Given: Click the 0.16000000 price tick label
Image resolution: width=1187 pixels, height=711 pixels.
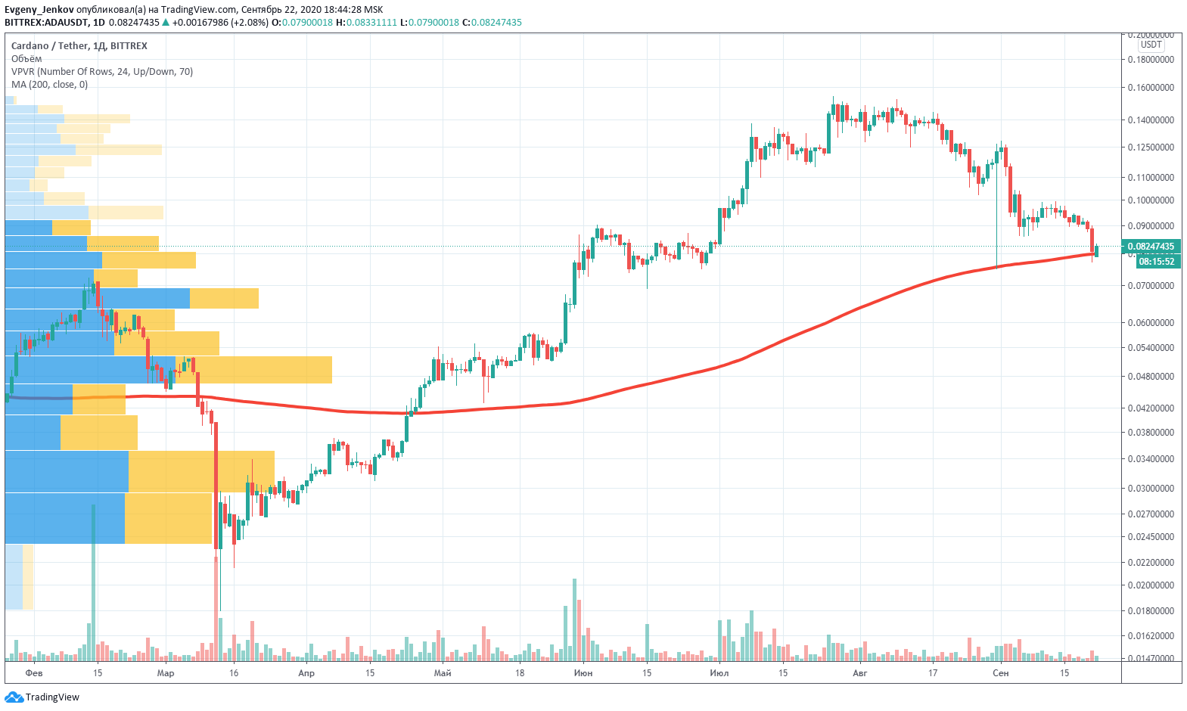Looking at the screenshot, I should pyautogui.click(x=1151, y=88).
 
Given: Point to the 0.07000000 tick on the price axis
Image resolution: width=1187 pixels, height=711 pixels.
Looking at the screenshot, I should pyautogui.click(x=1151, y=286).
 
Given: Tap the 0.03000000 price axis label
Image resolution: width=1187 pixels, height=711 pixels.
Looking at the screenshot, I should pyautogui.click(x=1151, y=489).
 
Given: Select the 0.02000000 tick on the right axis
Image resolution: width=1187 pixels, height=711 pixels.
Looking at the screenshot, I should pyautogui.click(x=1151, y=585).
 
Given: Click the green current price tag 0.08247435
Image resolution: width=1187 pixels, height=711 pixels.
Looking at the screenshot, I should pyautogui.click(x=1151, y=247).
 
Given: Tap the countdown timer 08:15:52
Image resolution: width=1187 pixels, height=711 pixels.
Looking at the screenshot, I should pyautogui.click(x=1157, y=262).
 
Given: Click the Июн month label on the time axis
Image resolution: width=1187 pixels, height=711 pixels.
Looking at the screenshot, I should pyautogui.click(x=583, y=673).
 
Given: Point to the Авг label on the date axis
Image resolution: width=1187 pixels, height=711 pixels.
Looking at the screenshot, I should pyautogui.click(x=860, y=673).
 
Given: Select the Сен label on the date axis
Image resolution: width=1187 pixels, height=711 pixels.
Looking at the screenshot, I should pyautogui.click(x=1001, y=673).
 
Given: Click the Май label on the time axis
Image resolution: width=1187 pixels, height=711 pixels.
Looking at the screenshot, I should pyautogui.click(x=443, y=673).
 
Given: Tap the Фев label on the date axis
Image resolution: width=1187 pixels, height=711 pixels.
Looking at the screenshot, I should pyautogui.click(x=34, y=673).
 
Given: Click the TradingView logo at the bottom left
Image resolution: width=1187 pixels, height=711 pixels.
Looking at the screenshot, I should pyautogui.click(x=42, y=697).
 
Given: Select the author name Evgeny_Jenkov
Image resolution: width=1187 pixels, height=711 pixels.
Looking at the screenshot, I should pyautogui.click(x=39, y=10).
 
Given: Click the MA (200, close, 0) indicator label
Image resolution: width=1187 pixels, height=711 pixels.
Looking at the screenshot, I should pyautogui.click(x=49, y=85).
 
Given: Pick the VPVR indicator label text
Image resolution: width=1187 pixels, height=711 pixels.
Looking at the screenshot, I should pyautogui.click(x=102, y=72).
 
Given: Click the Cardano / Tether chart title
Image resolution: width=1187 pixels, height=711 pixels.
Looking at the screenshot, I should pyautogui.click(x=79, y=46).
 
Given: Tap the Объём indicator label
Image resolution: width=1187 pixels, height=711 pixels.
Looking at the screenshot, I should pyautogui.click(x=26, y=59).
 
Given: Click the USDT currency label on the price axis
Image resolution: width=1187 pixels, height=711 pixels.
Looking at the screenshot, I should pyautogui.click(x=1151, y=45).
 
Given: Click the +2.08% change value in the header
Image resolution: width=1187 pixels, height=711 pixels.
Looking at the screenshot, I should pyautogui.click(x=250, y=23).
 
